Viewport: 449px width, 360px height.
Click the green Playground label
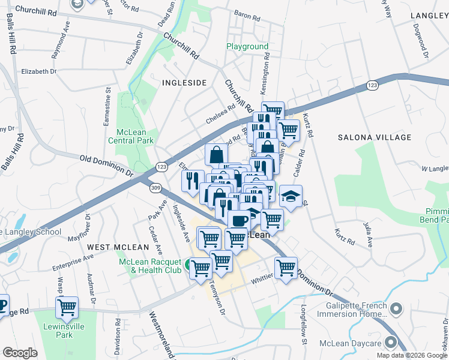(247, 46)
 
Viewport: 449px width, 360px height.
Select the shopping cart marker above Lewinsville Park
(67, 307)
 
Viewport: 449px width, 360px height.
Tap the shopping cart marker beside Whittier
(286, 267)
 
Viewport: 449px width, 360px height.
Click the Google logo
(20, 352)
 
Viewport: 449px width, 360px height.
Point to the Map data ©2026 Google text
(412, 355)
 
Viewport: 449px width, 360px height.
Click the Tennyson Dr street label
(217, 298)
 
